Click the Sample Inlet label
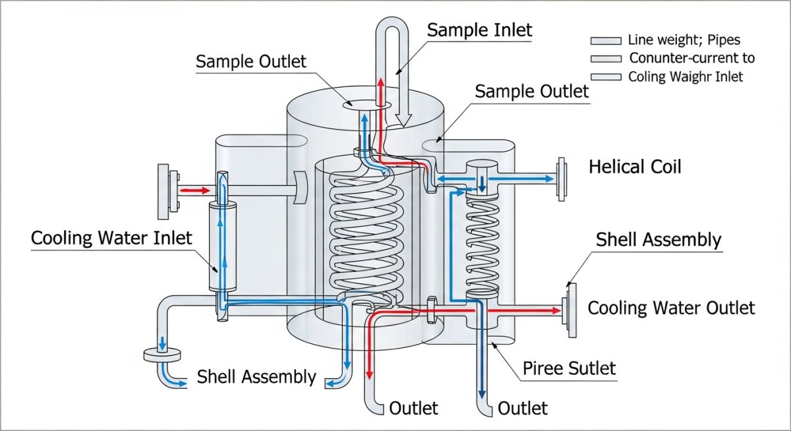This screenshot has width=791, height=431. click(479, 30)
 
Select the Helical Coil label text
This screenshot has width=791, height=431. click(634, 166)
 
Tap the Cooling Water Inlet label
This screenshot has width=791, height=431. click(111, 237)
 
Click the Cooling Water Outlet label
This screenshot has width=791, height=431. click(670, 308)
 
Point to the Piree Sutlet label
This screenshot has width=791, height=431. click(569, 367)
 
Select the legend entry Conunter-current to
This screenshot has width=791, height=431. click(691, 58)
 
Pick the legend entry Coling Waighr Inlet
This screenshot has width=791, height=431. click(685, 76)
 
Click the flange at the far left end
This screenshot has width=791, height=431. click(164, 192)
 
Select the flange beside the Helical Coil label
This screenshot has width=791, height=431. click(562, 178)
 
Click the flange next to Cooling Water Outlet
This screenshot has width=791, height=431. click(568, 307)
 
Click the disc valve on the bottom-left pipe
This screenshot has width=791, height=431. click(161, 355)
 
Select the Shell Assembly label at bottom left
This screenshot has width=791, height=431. click(256, 377)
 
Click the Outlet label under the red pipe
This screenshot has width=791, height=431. click(413, 408)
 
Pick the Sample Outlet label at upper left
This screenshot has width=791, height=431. click(251, 62)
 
